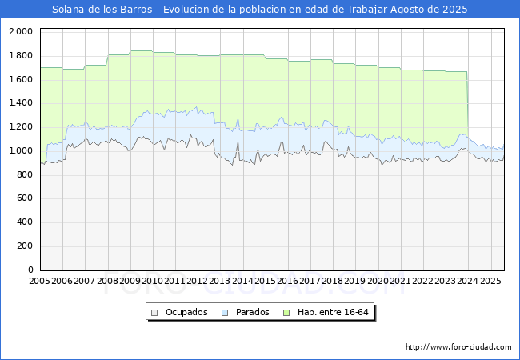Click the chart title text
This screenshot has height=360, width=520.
260,10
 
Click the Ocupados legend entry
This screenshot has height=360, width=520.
186,312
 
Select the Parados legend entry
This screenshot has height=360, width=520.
253,312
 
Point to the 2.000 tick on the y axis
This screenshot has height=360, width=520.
20,31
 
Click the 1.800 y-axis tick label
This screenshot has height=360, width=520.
20,55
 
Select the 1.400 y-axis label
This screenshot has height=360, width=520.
20,103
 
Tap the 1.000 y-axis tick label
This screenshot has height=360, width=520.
20,150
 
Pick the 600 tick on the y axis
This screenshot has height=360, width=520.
23,198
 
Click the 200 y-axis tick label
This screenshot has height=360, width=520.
23,246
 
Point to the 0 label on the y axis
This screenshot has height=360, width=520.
30,270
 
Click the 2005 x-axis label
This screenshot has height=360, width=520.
40,282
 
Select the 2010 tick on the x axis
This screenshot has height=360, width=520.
153,282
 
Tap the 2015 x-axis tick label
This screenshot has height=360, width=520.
266,282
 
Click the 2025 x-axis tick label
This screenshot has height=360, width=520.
490,282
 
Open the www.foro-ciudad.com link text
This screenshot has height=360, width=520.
458,347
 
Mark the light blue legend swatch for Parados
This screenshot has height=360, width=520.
226,312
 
